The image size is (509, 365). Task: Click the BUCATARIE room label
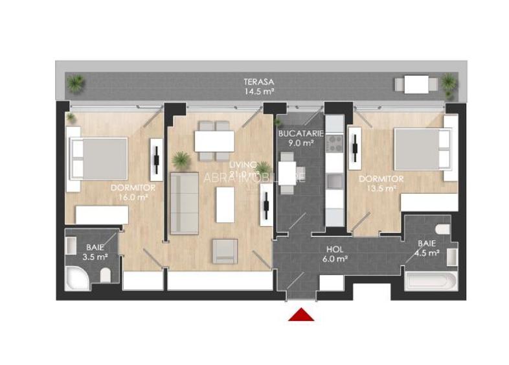click(296, 134)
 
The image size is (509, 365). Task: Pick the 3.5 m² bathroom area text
click(95, 257)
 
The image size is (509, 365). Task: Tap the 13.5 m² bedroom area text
click(381, 188)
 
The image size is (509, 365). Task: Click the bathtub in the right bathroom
click(430, 282)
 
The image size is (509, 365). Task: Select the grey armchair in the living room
click(225, 251)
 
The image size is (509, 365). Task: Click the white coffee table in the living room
click(225, 204)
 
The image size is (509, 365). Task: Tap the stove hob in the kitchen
click(334, 143)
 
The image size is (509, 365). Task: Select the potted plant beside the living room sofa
click(181, 159)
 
